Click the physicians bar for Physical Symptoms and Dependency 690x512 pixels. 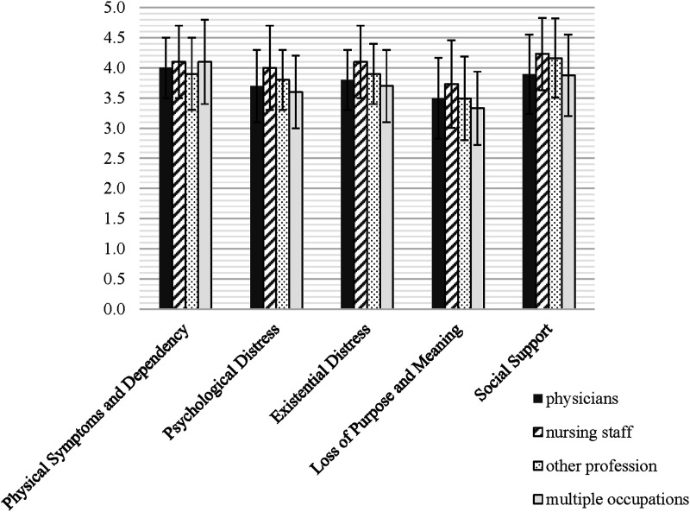click(166, 188)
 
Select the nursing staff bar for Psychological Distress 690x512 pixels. click(270, 188)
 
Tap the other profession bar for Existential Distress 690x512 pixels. click(373, 192)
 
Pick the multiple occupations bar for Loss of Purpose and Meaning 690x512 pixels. click(478, 208)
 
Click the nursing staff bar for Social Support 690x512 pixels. click(543, 181)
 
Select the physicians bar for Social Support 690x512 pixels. click(530, 192)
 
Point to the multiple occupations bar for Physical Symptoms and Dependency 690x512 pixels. click(204, 186)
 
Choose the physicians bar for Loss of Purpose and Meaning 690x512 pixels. click(439, 204)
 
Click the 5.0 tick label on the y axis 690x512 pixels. click(115, 8)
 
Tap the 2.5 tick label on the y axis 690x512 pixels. click(115, 159)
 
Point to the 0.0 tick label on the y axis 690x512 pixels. click(115, 309)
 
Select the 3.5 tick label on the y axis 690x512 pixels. click(115, 98)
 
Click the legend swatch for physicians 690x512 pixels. click(537, 399)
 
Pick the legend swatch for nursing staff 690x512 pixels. click(537, 433)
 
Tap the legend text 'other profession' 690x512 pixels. click(601, 466)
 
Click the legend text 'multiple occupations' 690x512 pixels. click(617, 500)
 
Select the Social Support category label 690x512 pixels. click(513, 363)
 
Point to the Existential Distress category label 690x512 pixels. click(319, 375)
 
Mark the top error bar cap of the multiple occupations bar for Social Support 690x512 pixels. click(568, 35)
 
